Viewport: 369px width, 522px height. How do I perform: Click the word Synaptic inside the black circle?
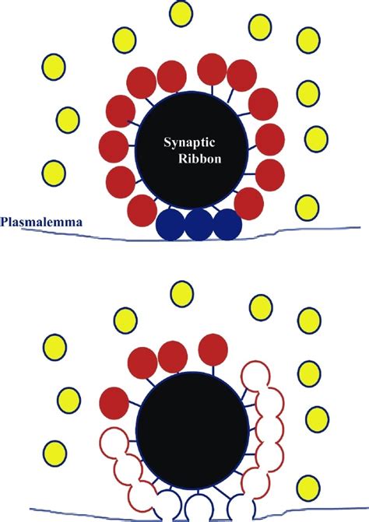click(189, 143)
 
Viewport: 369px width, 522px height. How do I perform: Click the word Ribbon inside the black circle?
click(199, 159)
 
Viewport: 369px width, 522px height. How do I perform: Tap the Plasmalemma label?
click(41, 222)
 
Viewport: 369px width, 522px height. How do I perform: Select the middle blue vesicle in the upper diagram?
click(199, 224)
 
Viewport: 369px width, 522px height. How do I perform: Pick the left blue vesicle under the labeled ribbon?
click(170, 224)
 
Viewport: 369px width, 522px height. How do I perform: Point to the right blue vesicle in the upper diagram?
click(227, 224)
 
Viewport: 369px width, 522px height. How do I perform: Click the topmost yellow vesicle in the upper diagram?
click(181, 14)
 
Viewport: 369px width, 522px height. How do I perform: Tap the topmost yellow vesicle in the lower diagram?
click(182, 294)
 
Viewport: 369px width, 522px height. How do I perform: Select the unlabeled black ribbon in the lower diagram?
click(194, 428)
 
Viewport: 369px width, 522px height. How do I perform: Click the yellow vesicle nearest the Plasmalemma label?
click(53, 173)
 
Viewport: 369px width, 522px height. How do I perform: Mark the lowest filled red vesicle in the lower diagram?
click(114, 403)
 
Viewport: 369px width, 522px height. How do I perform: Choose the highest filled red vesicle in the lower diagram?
click(213, 350)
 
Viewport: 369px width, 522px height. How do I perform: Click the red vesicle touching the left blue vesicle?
click(142, 211)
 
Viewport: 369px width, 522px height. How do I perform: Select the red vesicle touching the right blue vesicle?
click(249, 204)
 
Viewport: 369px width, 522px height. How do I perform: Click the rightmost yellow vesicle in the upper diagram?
click(316, 139)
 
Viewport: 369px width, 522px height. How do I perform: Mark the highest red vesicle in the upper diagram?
click(213, 69)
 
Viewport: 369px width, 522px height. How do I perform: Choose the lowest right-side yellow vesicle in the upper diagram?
click(307, 208)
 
